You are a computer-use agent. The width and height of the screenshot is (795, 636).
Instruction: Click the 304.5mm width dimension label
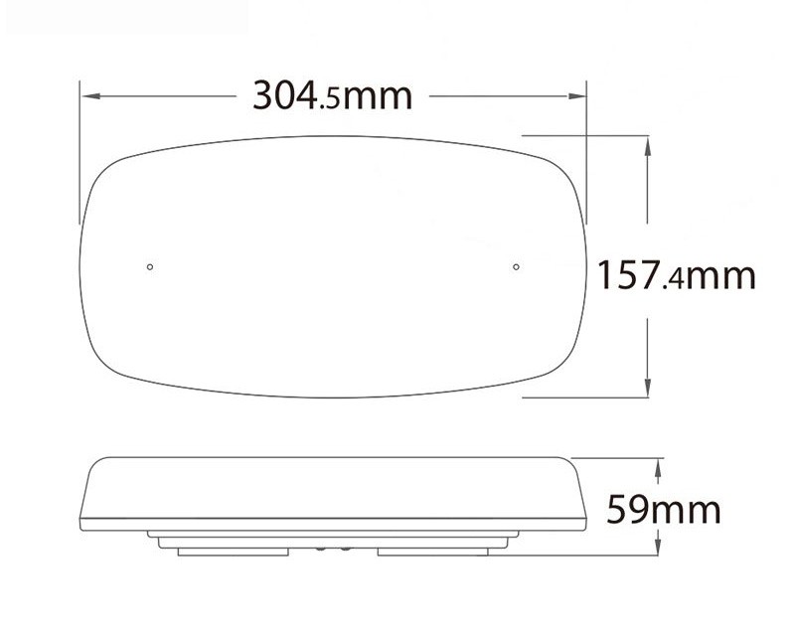click(332, 95)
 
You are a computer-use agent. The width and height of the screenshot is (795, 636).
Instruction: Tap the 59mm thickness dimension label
click(663, 510)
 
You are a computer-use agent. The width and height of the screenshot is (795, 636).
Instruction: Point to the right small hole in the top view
click(517, 266)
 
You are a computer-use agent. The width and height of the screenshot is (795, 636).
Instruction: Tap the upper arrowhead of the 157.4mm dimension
click(648, 141)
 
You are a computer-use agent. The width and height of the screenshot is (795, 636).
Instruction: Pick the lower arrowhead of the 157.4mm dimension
click(648, 391)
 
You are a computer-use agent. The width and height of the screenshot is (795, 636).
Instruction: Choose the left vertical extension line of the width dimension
click(79, 159)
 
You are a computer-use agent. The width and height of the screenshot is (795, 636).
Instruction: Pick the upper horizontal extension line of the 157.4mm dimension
click(586, 135)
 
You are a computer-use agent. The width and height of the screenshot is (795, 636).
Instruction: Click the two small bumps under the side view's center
click(333, 548)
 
